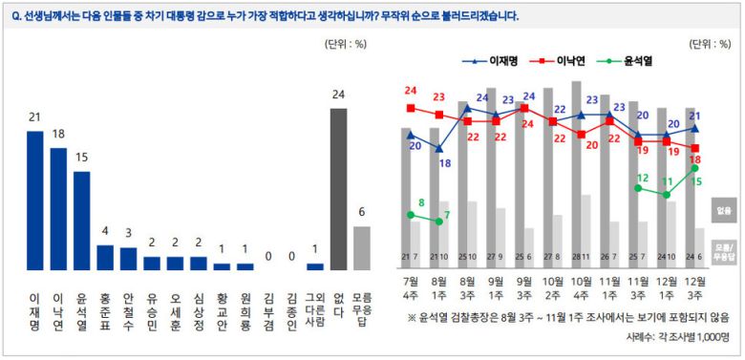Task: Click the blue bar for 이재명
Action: pyautogui.click(x=34, y=200)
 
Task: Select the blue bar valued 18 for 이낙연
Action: pyautogui.click(x=58, y=208)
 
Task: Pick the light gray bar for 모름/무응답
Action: pyautogui.click(x=362, y=248)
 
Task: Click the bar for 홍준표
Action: pyautogui.click(x=105, y=258)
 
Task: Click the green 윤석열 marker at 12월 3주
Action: pyautogui.click(x=695, y=168)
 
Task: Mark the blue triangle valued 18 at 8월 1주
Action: pyautogui.click(x=438, y=148)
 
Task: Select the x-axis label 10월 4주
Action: pyautogui.click(x=580, y=288)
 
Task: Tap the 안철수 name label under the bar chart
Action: pyautogui.click(x=128, y=311)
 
